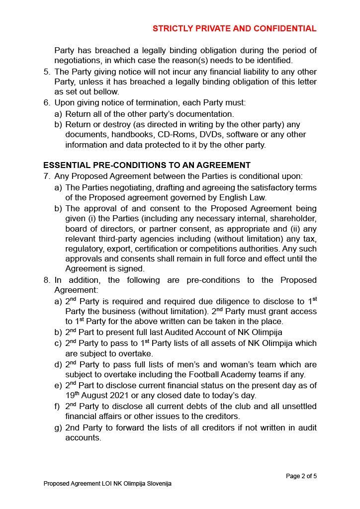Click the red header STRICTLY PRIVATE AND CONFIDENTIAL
[x=234, y=29]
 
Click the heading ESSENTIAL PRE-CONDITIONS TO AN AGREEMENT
[x=147, y=165]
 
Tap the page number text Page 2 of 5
[x=301, y=476]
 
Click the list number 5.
[x=47, y=72]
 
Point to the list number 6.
[x=47, y=103]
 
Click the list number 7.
[x=47, y=176]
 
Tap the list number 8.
[x=47, y=280]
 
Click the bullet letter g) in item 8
[x=58, y=427]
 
